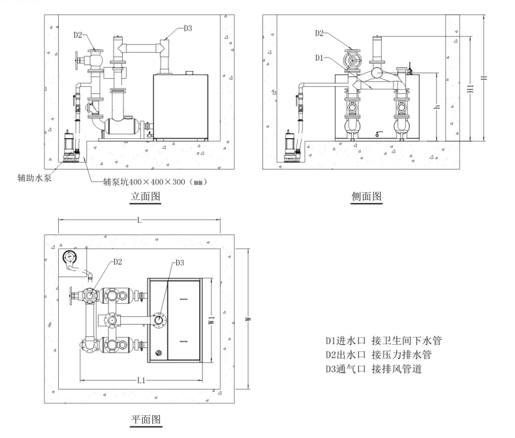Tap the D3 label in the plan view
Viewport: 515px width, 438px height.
(x=181, y=263)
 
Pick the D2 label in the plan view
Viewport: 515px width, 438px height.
(x=117, y=262)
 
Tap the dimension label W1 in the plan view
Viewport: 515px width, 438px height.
(x=211, y=320)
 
